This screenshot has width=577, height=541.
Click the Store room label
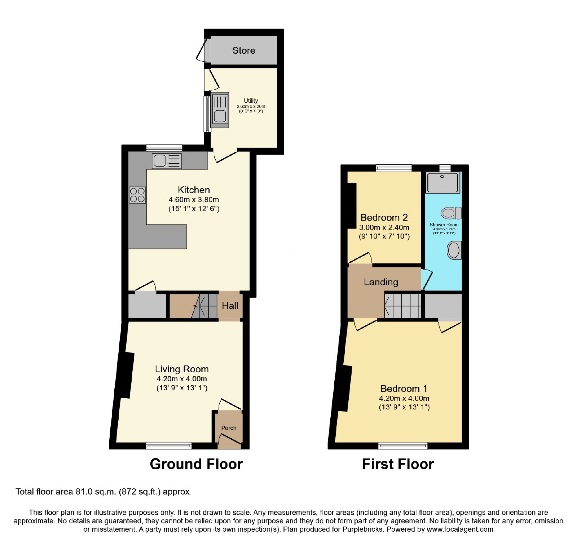(x=244, y=50)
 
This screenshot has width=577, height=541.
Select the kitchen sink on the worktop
(x=167, y=161)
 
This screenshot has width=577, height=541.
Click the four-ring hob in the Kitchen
(x=137, y=195)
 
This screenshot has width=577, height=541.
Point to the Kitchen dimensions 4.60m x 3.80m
(x=194, y=200)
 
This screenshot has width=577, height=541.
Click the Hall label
(x=230, y=306)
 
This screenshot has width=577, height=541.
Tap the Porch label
(x=229, y=428)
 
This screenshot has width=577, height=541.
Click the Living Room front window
(x=169, y=446)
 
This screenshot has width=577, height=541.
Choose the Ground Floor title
(x=196, y=464)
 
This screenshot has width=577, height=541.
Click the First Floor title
(x=398, y=464)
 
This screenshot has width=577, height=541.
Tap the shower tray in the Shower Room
(x=443, y=182)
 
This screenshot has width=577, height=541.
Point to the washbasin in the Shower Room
(x=454, y=250)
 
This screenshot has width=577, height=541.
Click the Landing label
(x=381, y=282)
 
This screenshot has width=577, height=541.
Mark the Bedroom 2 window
(x=394, y=168)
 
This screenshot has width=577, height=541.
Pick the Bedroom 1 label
(x=404, y=389)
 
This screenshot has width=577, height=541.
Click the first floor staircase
(x=403, y=306)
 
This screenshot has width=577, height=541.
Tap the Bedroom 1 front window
(x=403, y=446)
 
